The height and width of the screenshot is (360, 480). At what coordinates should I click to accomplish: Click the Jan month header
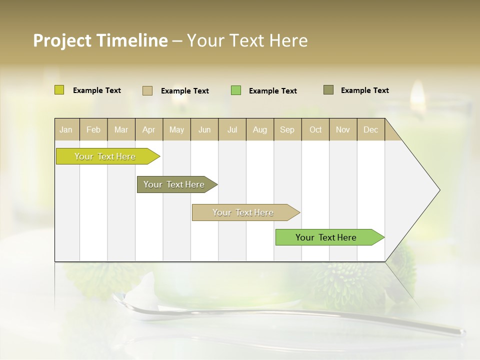(66, 129)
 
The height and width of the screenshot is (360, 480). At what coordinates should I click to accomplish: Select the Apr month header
(149, 129)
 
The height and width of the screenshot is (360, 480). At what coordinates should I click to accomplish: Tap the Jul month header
(232, 129)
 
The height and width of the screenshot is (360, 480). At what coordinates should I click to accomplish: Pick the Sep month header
(287, 129)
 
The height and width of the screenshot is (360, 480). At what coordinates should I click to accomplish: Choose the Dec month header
(370, 129)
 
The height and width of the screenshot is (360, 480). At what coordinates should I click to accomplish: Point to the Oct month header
(315, 129)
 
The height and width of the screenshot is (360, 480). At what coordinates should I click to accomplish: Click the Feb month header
(93, 129)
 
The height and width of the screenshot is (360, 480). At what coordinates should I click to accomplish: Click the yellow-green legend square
(59, 90)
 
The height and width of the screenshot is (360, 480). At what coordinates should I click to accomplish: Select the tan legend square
(147, 90)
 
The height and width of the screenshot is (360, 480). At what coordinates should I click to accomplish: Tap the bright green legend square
(235, 90)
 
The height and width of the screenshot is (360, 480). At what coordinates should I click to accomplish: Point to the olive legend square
(328, 90)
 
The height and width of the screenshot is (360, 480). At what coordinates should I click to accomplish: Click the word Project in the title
(61, 40)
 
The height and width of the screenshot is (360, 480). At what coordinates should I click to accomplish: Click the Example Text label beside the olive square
(364, 90)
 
